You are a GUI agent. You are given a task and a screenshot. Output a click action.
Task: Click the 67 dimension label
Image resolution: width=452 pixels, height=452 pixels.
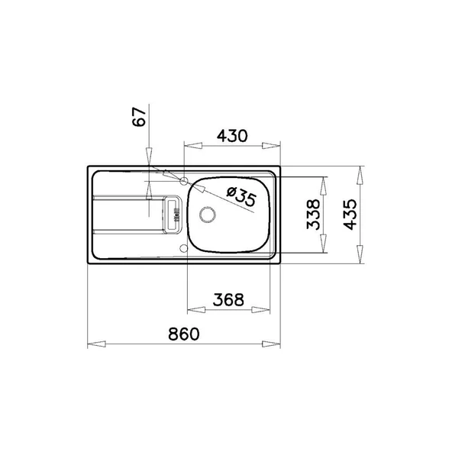[x=138, y=118]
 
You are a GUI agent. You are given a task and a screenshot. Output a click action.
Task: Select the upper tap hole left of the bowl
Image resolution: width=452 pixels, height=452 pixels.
[x=184, y=181]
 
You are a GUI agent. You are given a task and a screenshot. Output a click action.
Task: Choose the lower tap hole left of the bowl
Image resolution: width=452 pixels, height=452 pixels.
[x=183, y=248]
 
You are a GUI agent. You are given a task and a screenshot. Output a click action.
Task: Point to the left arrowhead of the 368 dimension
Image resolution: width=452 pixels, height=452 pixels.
[x=192, y=310]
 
